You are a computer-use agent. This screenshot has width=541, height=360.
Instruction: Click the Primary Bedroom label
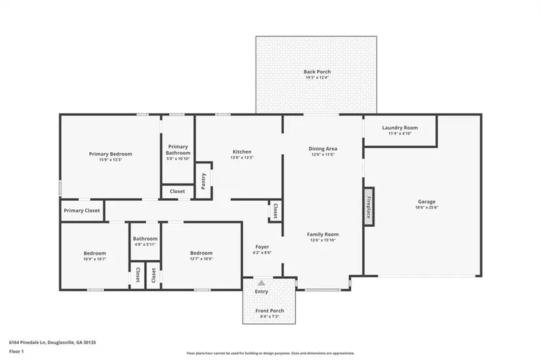(x=110, y=154)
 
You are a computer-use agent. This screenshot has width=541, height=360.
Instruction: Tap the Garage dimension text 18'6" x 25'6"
(x=427, y=207)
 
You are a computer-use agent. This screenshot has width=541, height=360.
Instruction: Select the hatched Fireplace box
(x=369, y=207)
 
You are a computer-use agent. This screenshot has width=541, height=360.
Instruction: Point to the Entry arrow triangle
(x=262, y=283)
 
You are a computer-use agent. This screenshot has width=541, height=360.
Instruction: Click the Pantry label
(x=203, y=181)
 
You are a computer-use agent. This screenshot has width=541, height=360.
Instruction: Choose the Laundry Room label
(x=400, y=128)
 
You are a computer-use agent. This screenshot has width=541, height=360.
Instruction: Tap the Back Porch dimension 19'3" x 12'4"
(x=317, y=77)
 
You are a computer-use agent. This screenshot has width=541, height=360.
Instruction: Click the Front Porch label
(x=270, y=311)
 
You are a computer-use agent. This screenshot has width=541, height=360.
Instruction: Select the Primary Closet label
(x=82, y=210)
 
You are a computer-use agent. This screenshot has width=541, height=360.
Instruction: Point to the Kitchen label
(x=242, y=151)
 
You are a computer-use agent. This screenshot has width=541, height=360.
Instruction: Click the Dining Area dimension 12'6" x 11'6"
(x=323, y=155)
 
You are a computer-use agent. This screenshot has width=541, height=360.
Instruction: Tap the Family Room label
(x=323, y=234)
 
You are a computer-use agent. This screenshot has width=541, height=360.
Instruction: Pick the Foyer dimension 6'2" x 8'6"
(x=262, y=252)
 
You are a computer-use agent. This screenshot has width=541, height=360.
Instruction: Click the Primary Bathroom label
(x=178, y=150)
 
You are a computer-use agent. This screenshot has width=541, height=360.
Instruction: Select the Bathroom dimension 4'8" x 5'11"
(x=146, y=245)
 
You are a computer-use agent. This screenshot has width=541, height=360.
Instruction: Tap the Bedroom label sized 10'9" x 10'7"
(x=95, y=253)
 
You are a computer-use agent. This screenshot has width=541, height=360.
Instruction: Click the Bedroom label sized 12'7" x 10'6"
(x=201, y=253)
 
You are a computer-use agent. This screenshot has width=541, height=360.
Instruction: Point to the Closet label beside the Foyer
(x=275, y=211)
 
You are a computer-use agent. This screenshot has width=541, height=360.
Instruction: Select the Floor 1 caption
(x=16, y=351)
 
